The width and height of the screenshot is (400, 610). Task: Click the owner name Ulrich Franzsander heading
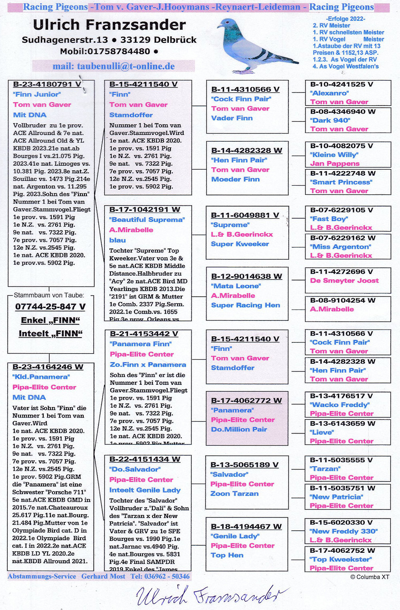coord(109,25)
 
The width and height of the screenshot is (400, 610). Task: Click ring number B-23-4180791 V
coord(47,84)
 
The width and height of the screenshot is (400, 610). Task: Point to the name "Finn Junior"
coord(37,94)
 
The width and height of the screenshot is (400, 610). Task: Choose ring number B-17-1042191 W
coord(145,210)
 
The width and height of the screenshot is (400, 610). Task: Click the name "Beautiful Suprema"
coord(147,220)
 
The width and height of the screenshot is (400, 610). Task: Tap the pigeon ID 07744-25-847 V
coord(50,307)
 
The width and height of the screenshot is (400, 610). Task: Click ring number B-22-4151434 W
coord(145,459)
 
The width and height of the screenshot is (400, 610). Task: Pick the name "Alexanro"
coord(330,93)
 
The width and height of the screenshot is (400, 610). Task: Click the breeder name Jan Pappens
coord(335,163)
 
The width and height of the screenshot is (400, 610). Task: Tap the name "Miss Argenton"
coord(340,246)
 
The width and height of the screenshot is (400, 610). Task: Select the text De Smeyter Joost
coord(344,280)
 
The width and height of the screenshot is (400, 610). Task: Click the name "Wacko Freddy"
coord(340,404)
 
